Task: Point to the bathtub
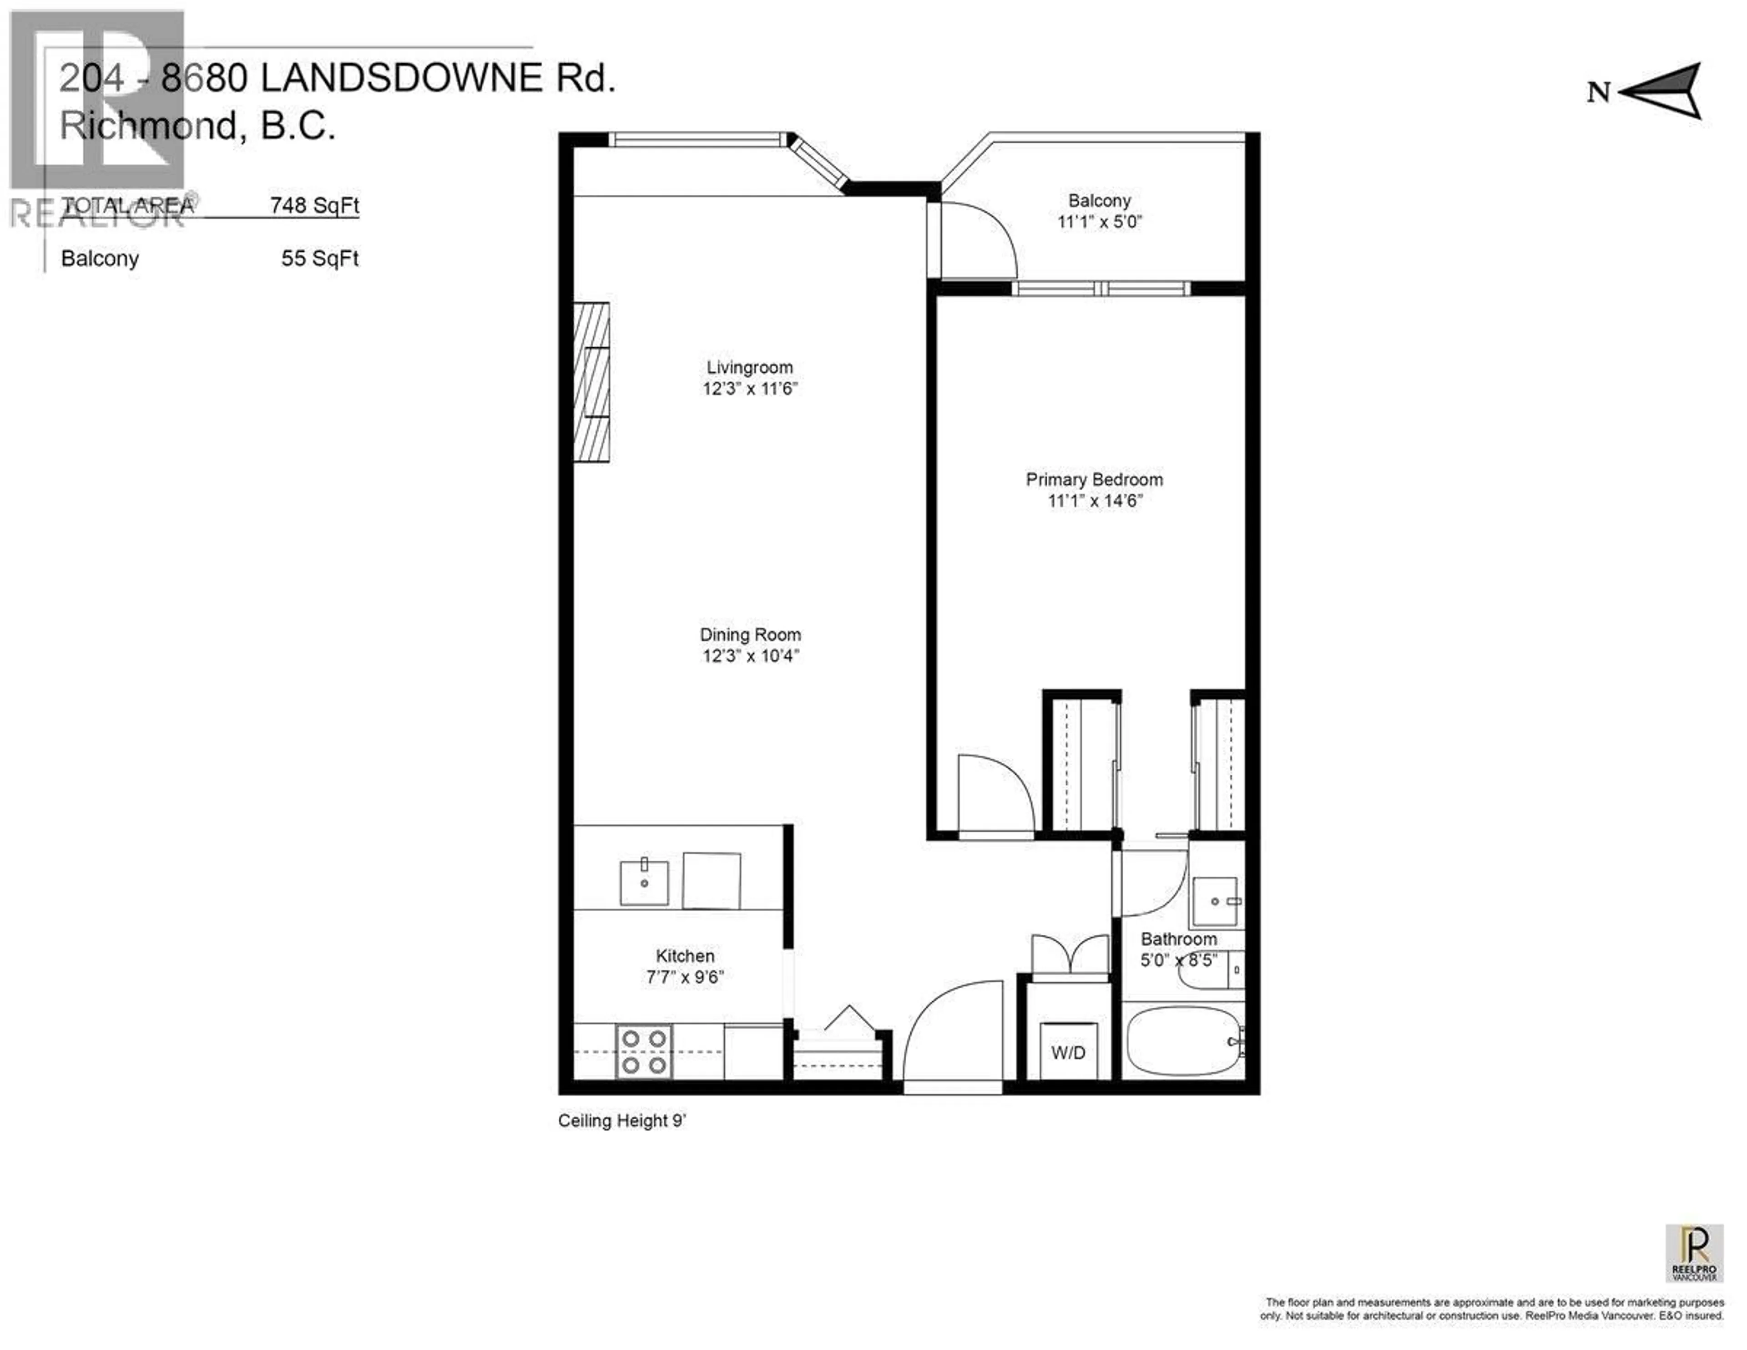point(1182,1041)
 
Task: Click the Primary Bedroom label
point(1094,479)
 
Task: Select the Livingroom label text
point(749,367)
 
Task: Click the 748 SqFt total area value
point(314,206)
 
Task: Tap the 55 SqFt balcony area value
point(320,259)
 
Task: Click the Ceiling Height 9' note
point(621,1120)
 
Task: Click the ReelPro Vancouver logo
point(1694,1253)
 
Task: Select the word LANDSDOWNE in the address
point(402,78)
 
